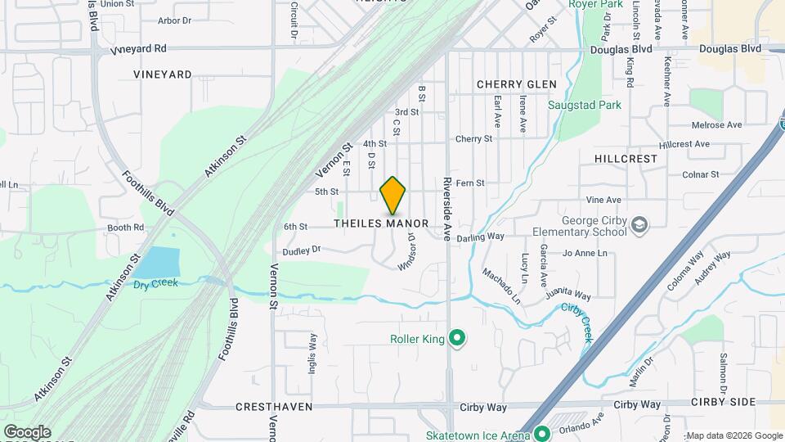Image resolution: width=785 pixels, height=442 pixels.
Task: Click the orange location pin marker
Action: coord(393,195)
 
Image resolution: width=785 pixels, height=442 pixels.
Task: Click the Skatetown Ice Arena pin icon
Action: coord(540,434)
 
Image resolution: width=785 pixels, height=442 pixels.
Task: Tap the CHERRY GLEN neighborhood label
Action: coord(516,84)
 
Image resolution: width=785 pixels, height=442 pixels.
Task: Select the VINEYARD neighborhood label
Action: coord(163,74)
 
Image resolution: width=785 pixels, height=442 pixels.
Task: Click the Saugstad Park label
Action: coord(585,106)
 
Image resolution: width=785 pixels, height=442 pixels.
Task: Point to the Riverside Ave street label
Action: coord(447,210)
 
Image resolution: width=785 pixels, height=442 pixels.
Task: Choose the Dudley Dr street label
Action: coord(303,250)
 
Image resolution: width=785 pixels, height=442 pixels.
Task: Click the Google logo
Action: coord(27,431)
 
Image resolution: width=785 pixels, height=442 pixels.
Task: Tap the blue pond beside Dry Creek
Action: coord(159,263)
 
